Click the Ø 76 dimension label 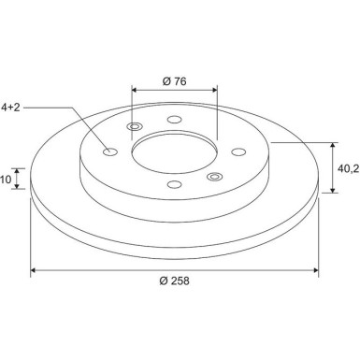coord(175,81)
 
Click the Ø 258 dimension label coord(174,281)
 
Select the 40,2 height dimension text coord(349,168)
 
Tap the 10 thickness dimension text coord(6,180)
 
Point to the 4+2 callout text coord(10,108)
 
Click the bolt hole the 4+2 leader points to coord(110,152)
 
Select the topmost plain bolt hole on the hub coord(174,120)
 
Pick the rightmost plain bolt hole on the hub coord(238,151)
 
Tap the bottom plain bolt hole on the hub coord(174,184)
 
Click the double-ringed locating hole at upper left coord(135,127)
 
